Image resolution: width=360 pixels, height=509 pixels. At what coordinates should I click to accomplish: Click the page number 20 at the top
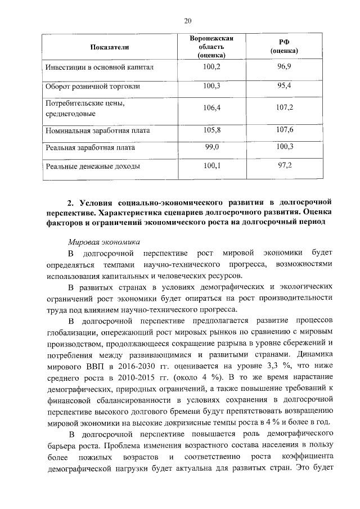tap(188, 21)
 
